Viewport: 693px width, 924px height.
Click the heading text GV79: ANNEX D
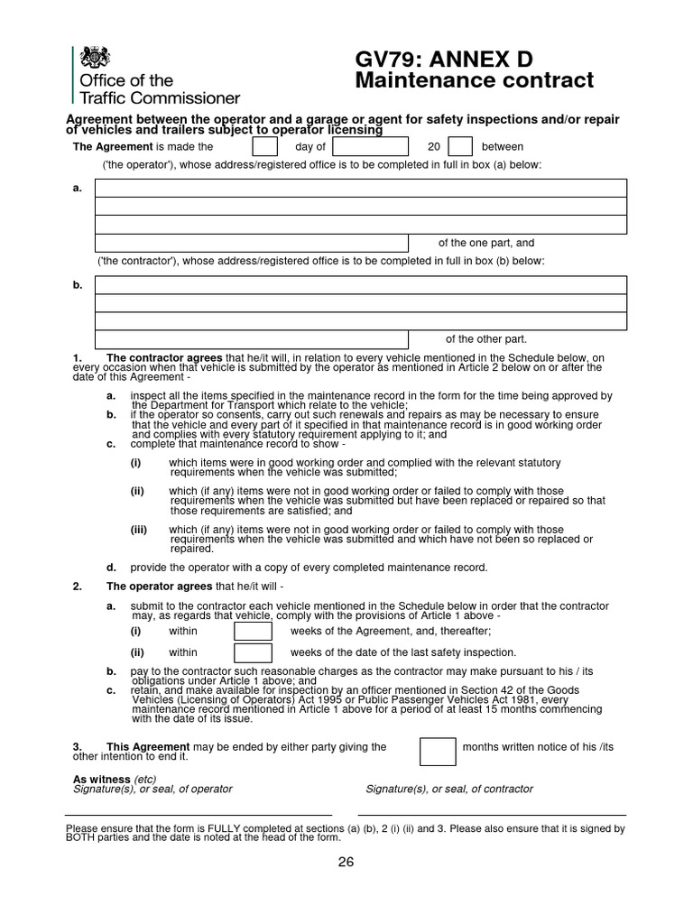click(x=444, y=60)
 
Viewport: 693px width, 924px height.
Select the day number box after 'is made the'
click(x=264, y=146)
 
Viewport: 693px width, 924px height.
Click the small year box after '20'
click(x=460, y=146)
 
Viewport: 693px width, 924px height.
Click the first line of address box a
click(x=361, y=188)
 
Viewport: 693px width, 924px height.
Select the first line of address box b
click(x=361, y=285)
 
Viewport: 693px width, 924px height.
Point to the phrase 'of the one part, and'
click(x=486, y=243)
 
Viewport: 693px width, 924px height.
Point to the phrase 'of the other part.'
click(x=486, y=339)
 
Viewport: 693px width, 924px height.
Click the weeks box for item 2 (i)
click(x=253, y=631)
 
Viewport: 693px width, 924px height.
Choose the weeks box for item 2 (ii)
click(x=253, y=652)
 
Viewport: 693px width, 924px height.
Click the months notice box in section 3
click(x=438, y=752)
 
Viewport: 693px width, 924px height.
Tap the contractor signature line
click(x=495, y=815)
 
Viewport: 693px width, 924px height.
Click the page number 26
click(x=346, y=862)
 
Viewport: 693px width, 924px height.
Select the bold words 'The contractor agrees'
click(x=164, y=358)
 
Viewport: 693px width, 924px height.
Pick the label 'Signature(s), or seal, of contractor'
click(x=448, y=789)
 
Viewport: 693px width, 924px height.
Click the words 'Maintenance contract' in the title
click(x=475, y=81)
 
